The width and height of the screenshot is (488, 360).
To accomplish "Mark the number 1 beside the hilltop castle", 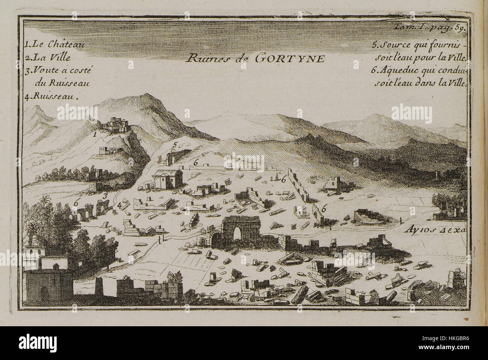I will [x=95, y=133].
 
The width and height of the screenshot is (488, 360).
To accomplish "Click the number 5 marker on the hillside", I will [x=175, y=144].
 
